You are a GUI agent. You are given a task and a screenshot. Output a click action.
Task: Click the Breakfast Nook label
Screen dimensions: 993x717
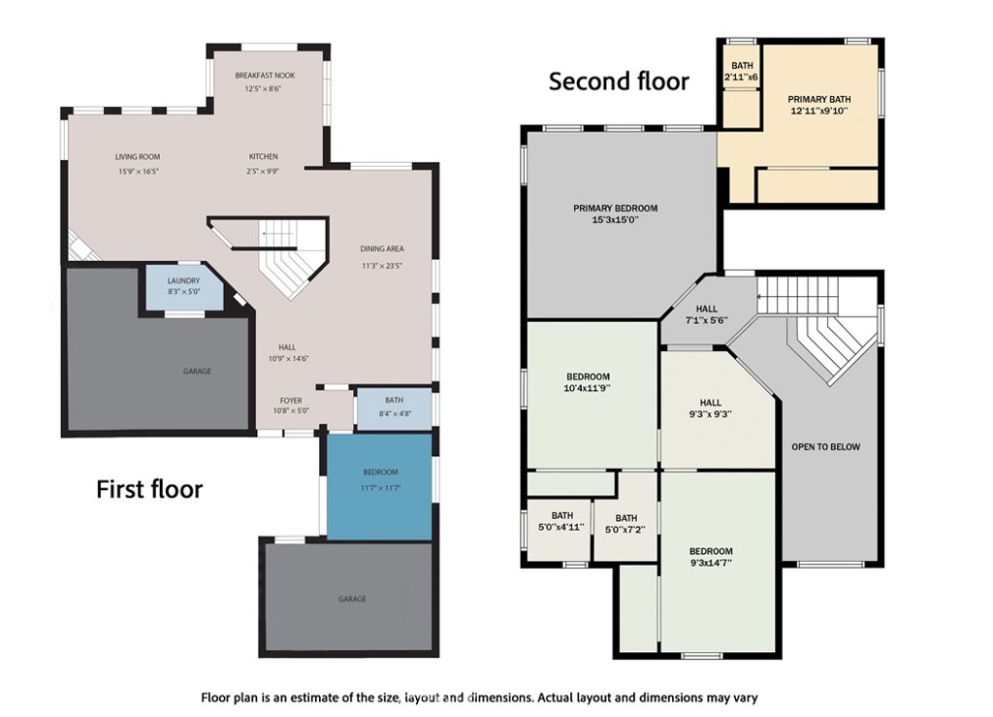(x=265, y=76)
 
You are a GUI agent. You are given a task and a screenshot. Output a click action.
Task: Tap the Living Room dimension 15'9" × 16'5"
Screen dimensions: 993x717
(x=138, y=172)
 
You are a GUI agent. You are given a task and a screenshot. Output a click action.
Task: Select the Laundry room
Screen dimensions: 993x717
(x=184, y=287)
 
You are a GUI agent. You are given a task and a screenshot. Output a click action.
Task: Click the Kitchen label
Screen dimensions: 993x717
(x=263, y=156)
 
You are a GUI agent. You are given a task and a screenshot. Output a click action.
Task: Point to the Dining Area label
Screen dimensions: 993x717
(x=382, y=249)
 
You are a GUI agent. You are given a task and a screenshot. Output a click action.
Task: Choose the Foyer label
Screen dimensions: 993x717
(x=291, y=401)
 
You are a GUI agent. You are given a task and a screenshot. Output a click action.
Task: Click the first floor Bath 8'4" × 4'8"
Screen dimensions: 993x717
(x=394, y=408)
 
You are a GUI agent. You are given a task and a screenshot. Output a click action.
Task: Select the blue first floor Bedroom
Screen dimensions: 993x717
(x=379, y=486)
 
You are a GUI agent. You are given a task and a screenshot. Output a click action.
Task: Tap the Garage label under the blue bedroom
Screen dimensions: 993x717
(x=352, y=599)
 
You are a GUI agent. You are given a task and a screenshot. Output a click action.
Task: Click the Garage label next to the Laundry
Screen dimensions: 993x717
(x=197, y=372)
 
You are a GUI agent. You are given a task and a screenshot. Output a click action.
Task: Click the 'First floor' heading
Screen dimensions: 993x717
(x=149, y=490)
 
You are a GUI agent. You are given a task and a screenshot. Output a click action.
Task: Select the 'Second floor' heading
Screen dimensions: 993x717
(x=619, y=81)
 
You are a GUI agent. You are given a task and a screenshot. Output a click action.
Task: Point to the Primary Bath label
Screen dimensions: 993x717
(x=818, y=99)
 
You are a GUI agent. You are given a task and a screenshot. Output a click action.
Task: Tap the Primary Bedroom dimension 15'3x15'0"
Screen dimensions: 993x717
(x=616, y=220)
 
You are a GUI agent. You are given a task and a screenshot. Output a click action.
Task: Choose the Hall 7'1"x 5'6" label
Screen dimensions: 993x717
(x=707, y=314)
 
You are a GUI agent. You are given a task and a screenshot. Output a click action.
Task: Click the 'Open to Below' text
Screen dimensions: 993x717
(x=826, y=447)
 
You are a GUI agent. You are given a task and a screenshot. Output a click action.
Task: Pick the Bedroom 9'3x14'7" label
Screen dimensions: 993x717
(x=711, y=557)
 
